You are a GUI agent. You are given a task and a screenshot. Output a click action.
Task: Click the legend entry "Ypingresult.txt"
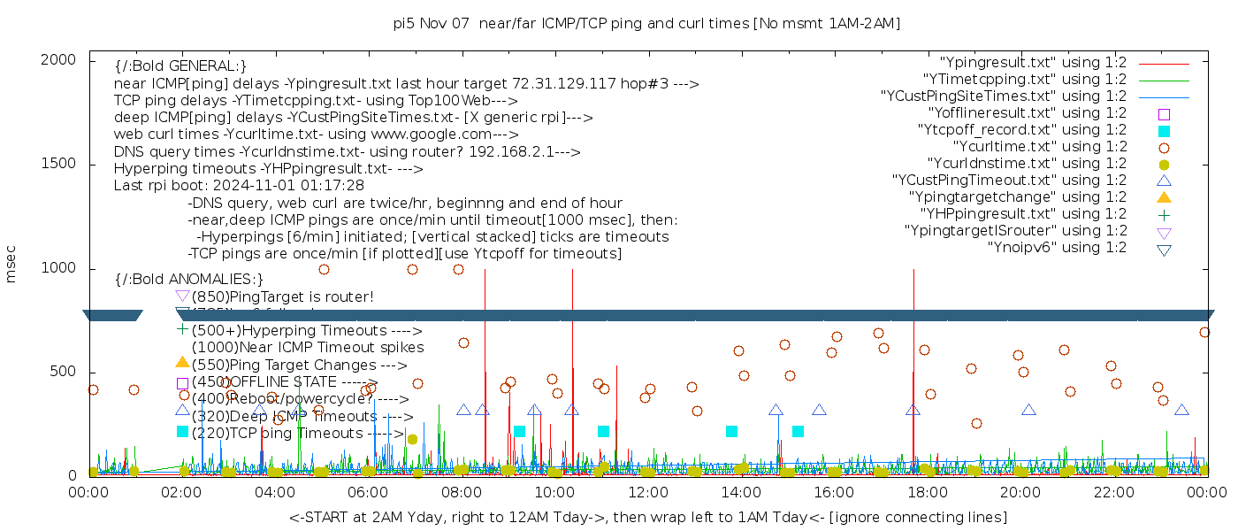(x=1033, y=63)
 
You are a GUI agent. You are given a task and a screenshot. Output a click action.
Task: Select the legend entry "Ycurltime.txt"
(x=1040, y=146)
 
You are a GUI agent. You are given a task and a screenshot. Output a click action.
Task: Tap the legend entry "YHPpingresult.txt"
(x=1024, y=213)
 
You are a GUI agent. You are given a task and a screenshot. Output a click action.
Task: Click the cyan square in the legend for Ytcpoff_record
(x=1164, y=130)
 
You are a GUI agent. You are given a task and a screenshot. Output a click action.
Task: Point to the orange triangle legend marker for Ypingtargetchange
(x=1164, y=196)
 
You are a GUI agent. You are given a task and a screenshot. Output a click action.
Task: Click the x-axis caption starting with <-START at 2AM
(x=647, y=517)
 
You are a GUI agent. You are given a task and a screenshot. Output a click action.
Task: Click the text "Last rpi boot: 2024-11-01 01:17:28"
(x=239, y=186)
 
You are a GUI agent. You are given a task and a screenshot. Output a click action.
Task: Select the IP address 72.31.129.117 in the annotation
(x=565, y=84)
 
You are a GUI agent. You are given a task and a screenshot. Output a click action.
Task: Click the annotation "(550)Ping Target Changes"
(x=293, y=365)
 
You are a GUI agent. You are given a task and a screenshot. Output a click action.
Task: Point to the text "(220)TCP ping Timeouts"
(x=278, y=434)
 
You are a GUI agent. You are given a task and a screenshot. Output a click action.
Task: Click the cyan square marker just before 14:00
(x=731, y=431)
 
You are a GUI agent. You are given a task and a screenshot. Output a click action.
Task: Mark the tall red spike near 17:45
(x=913, y=372)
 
